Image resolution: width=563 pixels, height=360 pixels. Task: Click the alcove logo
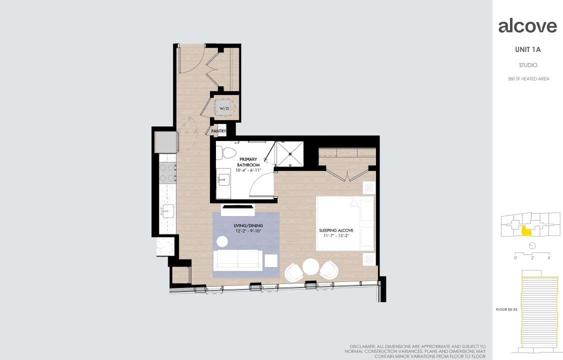click(x=527, y=26)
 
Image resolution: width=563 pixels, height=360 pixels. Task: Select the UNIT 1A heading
click(x=527, y=49)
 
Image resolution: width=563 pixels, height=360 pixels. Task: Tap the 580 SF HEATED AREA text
click(x=527, y=78)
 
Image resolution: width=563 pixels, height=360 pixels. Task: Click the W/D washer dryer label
click(x=224, y=108)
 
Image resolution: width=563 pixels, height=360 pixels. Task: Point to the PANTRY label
click(x=218, y=131)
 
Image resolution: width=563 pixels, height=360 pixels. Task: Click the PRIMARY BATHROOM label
click(x=248, y=162)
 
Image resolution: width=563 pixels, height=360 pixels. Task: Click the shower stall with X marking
click(x=290, y=153)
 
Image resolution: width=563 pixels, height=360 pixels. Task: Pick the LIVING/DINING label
click(x=248, y=226)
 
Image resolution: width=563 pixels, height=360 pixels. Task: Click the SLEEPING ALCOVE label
click(x=336, y=230)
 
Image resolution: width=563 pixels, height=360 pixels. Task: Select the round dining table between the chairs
click(x=311, y=266)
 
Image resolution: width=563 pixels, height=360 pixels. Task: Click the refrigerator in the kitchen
click(x=165, y=142)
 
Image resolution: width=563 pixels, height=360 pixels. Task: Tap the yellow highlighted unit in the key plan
click(x=526, y=230)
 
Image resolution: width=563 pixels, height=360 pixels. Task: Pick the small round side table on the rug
click(x=222, y=241)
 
